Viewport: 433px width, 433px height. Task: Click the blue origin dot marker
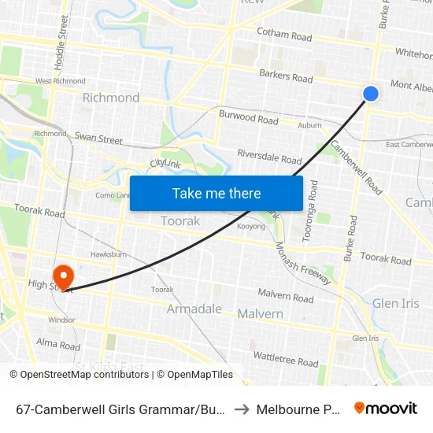click(371, 94)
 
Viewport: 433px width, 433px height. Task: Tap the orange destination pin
click(62, 276)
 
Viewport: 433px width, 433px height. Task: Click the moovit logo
click(386, 409)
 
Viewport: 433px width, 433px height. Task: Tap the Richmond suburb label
click(111, 98)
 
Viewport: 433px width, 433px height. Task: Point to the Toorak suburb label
click(180, 221)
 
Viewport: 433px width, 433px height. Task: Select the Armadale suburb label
click(194, 309)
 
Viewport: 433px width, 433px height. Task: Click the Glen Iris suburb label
click(396, 303)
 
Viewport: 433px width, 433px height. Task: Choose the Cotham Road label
click(284, 35)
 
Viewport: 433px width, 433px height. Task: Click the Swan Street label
click(98, 139)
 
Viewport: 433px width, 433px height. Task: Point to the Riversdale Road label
click(269, 158)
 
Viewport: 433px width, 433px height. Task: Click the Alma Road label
click(58, 345)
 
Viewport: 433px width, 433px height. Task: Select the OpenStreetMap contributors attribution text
click(80, 375)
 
